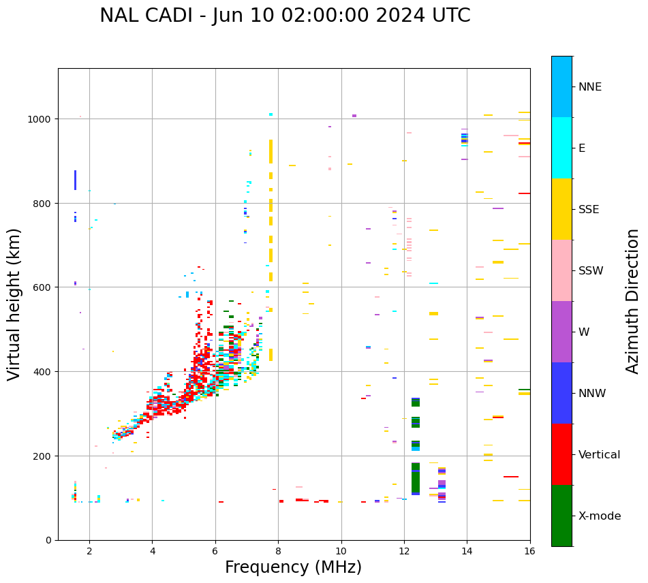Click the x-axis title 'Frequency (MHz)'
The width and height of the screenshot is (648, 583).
[x=293, y=567]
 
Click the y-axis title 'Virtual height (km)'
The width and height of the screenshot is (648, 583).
[x=14, y=304]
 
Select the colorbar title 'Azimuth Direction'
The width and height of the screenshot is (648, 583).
[x=633, y=301]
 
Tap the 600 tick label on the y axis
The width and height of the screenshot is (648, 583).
[x=44, y=287]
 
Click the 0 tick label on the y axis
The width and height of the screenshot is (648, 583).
[x=48, y=540]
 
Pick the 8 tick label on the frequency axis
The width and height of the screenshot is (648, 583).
[x=278, y=552]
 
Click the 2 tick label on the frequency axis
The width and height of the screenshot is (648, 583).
[x=89, y=552]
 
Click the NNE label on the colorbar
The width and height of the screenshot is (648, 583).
[x=590, y=86]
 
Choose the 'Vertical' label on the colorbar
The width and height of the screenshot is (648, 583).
[x=599, y=454]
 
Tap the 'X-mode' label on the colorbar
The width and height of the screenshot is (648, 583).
[x=600, y=516]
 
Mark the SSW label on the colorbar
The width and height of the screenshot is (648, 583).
[x=591, y=270]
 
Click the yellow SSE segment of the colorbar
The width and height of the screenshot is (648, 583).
[x=561, y=209]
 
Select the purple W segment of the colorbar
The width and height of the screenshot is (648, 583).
[x=561, y=332]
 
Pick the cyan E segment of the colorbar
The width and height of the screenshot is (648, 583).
[x=561, y=148]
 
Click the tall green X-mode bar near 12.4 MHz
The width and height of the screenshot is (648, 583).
[x=416, y=478]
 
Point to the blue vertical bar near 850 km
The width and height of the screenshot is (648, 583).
[x=75, y=180]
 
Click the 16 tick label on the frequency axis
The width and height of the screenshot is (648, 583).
[x=529, y=552]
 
